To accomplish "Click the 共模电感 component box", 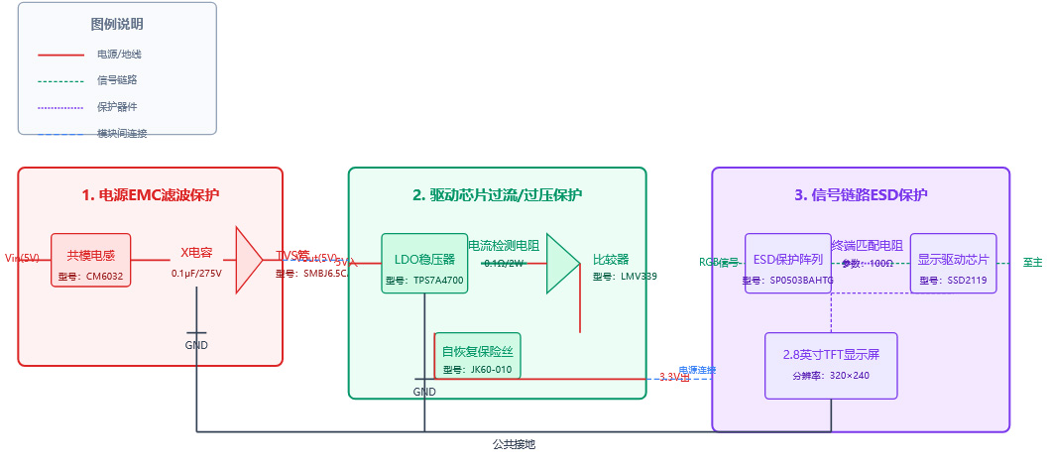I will [x=91, y=260].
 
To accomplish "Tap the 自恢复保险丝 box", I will [x=479, y=355].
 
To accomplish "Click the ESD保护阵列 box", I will [x=788, y=264].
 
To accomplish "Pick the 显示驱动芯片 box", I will [x=953, y=264].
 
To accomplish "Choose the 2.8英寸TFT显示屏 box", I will [x=831, y=365].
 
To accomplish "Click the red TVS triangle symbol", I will [x=248, y=260].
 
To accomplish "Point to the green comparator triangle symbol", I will [x=561, y=264].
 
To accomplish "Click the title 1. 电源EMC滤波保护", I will [x=151, y=195].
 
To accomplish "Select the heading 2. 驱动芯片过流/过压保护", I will [x=497, y=195].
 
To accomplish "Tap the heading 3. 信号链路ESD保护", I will [x=861, y=195].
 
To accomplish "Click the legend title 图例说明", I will [x=117, y=24].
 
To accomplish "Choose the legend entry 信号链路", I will [x=117, y=80].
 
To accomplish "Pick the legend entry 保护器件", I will [x=117, y=107].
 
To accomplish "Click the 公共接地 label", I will [x=514, y=444].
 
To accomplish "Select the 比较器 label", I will [x=611, y=259].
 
